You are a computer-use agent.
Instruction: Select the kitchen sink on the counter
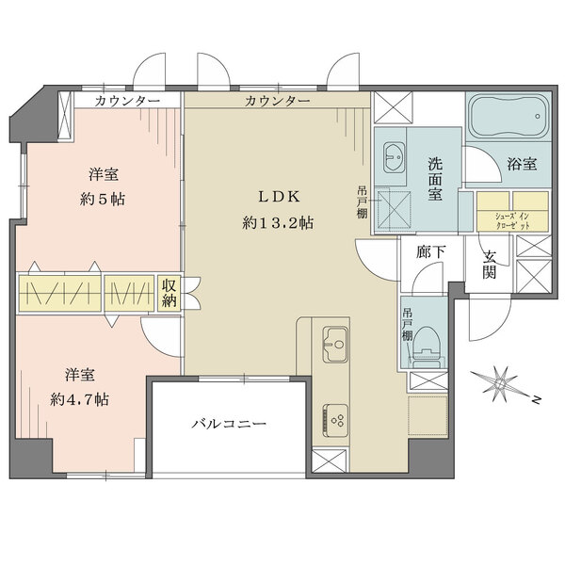[x=335, y=344]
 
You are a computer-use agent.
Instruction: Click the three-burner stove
[x=335, y=414]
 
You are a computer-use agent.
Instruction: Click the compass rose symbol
[x=499, y=383]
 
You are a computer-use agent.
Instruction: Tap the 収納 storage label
[x=169, y=292]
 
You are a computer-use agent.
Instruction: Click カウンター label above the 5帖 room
[x=125, y=100]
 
